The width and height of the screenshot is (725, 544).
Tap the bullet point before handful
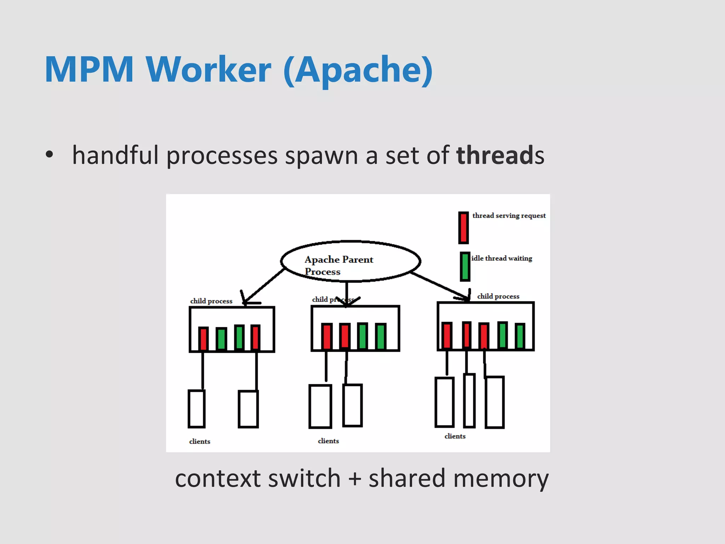pos(49,154)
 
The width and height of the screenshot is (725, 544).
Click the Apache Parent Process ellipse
pos(350,261)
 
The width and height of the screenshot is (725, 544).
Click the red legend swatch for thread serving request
pos(463,228)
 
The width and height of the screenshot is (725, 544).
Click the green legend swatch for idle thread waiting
pos(465,266)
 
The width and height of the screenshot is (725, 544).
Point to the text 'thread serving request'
pos(509,216)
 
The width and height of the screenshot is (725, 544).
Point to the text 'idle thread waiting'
pos(501,258)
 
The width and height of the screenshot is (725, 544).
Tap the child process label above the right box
pos(498,296)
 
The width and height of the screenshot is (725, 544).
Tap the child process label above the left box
pos(211,301)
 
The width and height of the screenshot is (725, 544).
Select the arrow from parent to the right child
pos(439,286)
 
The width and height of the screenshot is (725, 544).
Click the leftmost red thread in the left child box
pos(203,339)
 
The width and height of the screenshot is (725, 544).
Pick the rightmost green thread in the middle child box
pos(381,336)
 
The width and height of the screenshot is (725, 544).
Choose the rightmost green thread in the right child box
pos(520,336)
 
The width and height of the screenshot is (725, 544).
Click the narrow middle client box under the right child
pos(469,400)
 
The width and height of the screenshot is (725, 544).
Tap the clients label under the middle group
pos(328,441)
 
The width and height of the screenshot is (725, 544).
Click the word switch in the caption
pos(304,478)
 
